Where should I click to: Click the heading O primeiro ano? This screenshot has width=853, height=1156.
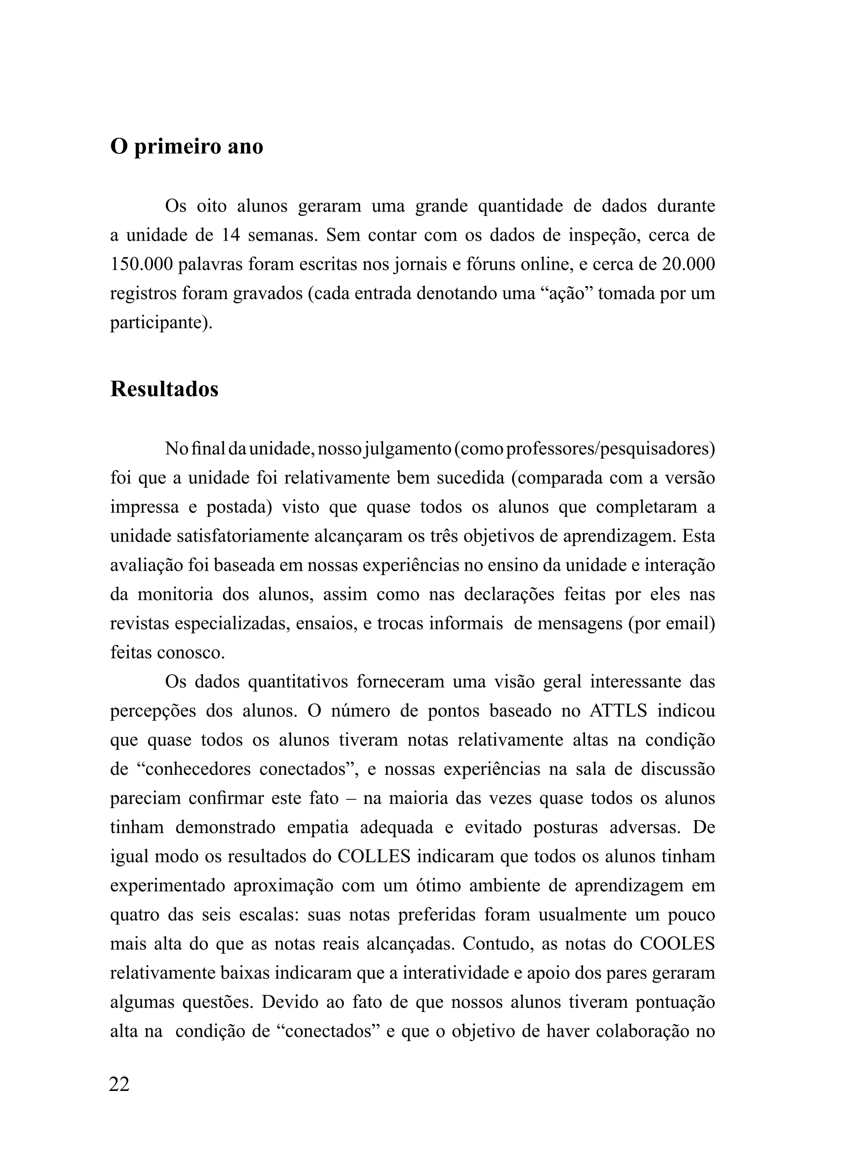point(187,147)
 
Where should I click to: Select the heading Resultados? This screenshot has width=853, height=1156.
point(164,389)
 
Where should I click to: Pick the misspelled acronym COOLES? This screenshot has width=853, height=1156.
point(677,944)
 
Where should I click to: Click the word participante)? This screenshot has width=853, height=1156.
point(161,323)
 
